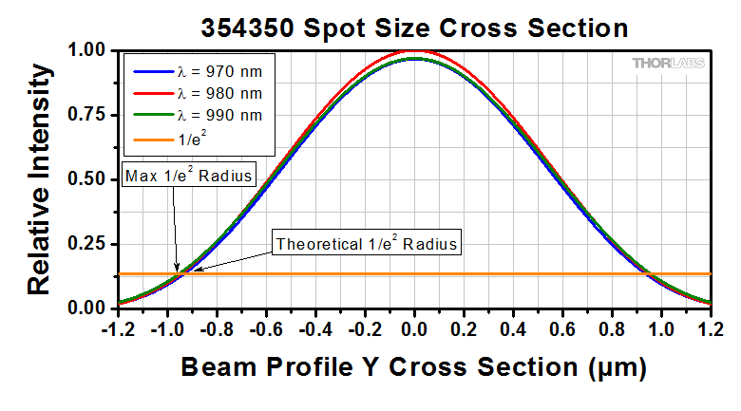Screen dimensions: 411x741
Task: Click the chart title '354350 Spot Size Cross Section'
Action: [414, 28]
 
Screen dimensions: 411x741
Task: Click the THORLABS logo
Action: [669, 64]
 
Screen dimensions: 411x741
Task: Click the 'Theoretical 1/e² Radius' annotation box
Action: [367, 244]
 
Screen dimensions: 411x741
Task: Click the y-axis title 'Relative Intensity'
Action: [39, 178]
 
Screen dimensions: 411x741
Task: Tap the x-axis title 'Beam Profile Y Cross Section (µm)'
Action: [414, 367]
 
